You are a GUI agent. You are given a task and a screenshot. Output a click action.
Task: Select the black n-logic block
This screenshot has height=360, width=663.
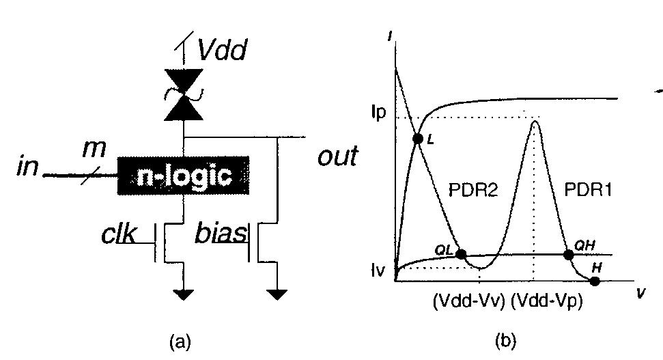183,176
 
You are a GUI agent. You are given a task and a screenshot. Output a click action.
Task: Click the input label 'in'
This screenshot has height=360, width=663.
29,167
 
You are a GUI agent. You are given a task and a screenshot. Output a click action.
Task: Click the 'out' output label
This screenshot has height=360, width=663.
337,156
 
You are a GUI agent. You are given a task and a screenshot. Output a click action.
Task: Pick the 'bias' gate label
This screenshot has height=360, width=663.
220,233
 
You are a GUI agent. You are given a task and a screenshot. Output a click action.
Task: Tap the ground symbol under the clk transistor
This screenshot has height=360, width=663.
183,294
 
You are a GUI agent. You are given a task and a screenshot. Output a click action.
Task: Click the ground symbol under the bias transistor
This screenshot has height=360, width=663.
277,294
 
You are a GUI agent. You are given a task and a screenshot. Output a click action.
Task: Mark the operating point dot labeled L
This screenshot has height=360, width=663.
418,139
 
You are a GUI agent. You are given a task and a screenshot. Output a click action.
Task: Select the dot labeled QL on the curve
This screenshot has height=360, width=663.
461,254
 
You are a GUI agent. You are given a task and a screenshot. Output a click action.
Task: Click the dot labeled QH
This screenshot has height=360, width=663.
568,254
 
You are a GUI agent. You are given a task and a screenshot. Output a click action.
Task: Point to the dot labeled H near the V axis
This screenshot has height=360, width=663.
595,281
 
